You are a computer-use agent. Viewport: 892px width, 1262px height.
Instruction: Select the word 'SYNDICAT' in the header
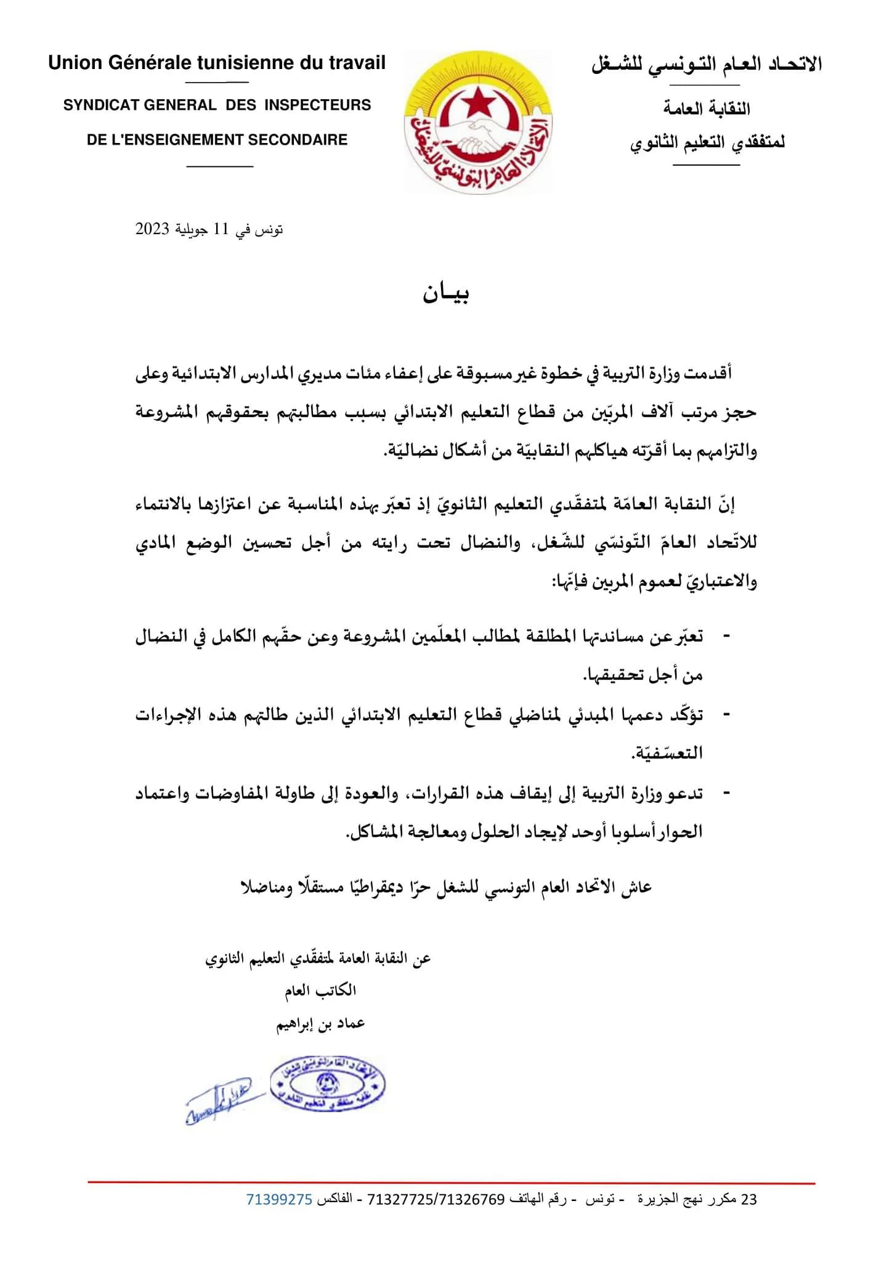click(x=100, y=105)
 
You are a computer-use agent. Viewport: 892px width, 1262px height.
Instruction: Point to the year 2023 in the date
click(x=152, y=229)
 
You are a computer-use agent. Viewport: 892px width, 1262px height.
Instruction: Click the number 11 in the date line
click(x=221, y=229)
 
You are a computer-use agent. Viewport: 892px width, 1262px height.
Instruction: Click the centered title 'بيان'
click(x=446, y=294)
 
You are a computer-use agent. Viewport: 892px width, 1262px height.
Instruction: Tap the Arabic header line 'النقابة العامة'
click(x=707, y=109)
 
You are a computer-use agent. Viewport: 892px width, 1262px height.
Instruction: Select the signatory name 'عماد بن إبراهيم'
click(x=320, y=1024)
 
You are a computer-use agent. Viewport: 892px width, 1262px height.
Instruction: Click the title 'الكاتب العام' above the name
click(x=320, y=990)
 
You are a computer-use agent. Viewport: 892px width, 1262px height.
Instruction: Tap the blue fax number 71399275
click(x=279, y=1199)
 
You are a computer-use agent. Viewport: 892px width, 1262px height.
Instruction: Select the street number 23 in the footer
click(x=749, y=1199)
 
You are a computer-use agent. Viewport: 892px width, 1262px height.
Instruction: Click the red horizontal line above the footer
click(x=451, y=1183)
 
